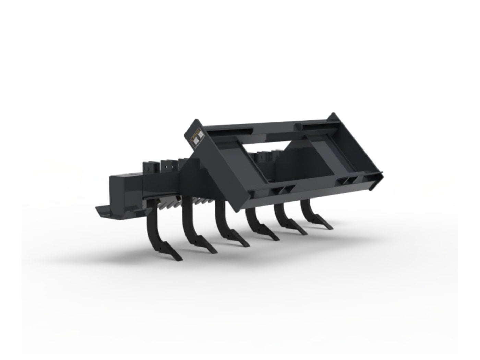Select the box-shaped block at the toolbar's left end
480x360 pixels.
tap(125, 189)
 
